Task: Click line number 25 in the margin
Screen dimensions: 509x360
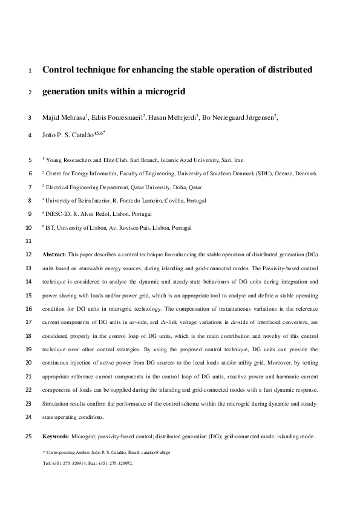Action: coord(30,436)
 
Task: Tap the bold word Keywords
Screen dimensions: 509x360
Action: coord(56,436)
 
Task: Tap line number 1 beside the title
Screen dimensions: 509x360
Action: coord(30,71)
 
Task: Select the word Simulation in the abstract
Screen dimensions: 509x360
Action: coord(56,403)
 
